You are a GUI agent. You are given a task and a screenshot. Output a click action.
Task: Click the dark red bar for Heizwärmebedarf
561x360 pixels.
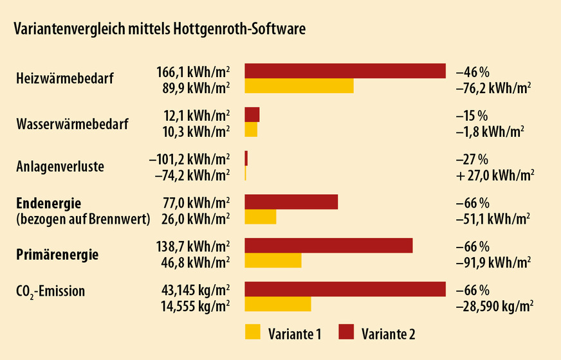[345, 71]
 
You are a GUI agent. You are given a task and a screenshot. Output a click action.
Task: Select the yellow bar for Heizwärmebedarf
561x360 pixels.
[299, 86]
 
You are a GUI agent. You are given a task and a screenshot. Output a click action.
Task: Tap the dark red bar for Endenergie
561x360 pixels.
[291, 202]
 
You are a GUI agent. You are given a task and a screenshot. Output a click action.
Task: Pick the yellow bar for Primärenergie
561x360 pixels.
[273, 261]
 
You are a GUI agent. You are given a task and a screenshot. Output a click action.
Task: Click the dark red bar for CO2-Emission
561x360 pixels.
[345, 289]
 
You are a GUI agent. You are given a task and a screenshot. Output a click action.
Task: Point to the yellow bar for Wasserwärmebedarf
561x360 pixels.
[251, 130]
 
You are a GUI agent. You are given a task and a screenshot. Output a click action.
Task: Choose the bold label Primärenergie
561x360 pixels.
[57, 255]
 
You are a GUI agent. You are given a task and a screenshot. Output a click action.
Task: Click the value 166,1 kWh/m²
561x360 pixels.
[192, 72]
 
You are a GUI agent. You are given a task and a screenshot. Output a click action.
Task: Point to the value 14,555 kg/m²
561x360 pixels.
[195, 305]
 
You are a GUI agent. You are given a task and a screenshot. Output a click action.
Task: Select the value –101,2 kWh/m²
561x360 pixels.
[189, 159]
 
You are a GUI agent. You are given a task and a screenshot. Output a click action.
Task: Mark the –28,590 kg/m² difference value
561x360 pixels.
[493, 305]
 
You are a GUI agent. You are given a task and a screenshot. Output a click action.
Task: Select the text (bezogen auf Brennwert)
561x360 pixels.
[82, 219]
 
